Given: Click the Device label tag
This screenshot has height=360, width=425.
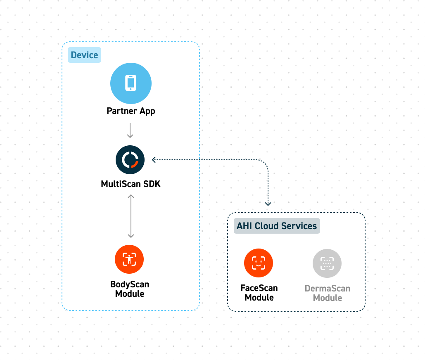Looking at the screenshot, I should [84, 55].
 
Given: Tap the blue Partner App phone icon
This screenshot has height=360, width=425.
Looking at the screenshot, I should [131, 83].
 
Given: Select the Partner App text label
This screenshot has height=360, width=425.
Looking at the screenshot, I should [131, 111].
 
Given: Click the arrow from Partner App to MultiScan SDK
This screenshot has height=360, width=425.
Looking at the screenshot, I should [131, 130].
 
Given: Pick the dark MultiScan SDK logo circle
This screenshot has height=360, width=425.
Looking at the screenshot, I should [130, 160].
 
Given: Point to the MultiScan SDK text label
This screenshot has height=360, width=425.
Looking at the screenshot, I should [131, 184].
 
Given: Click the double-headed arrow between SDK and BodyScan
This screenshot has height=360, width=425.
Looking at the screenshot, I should [131, 216].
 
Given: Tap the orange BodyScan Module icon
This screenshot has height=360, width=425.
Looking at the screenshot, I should [129, 260].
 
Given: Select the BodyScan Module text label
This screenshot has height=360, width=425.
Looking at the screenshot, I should [130, 289].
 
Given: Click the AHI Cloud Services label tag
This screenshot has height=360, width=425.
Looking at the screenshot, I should [277, 226].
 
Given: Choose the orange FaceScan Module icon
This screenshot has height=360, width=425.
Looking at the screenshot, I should [259, 263].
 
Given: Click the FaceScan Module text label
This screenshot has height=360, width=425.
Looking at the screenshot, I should [259, 293].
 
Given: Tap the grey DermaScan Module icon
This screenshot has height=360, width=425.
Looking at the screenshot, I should [327, 263].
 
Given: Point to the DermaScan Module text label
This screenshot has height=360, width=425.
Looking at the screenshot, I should [327, 293].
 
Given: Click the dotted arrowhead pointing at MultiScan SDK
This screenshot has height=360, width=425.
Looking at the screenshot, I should [154, 160].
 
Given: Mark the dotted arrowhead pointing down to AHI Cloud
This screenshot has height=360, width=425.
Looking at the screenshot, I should [268, 203].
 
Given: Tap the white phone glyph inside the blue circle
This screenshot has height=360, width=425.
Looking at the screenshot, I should [131, 83].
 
